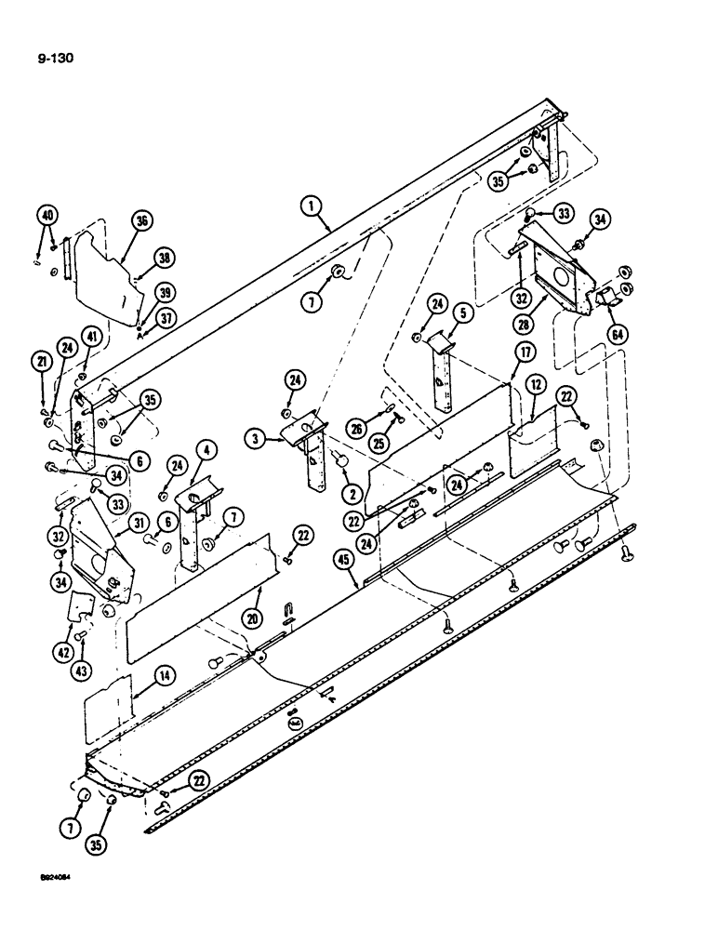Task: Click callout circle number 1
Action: (x=312, y=202)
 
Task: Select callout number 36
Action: (x=142, y=220)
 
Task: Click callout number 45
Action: (x=344, y=560)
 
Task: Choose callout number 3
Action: (x=253, y=437)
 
